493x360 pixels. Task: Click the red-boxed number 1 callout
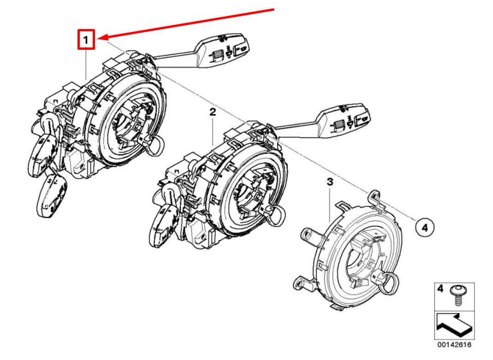[x=86, y=40]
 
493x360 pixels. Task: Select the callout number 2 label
[x=213, y=112]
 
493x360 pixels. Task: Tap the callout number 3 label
[x=330, y=182]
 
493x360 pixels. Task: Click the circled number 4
[x=425, y=227]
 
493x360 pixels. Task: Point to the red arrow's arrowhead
[x=104, y=38]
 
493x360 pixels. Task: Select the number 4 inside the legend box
[x=440, y=289]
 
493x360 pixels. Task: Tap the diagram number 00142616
[x=454, y=345]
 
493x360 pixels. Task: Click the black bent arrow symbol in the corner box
[x=454, y=327]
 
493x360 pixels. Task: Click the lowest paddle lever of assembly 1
[x=52, y=196]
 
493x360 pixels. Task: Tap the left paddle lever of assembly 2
[x=164, y=226]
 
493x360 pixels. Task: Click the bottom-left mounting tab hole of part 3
[x=297, y=284]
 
